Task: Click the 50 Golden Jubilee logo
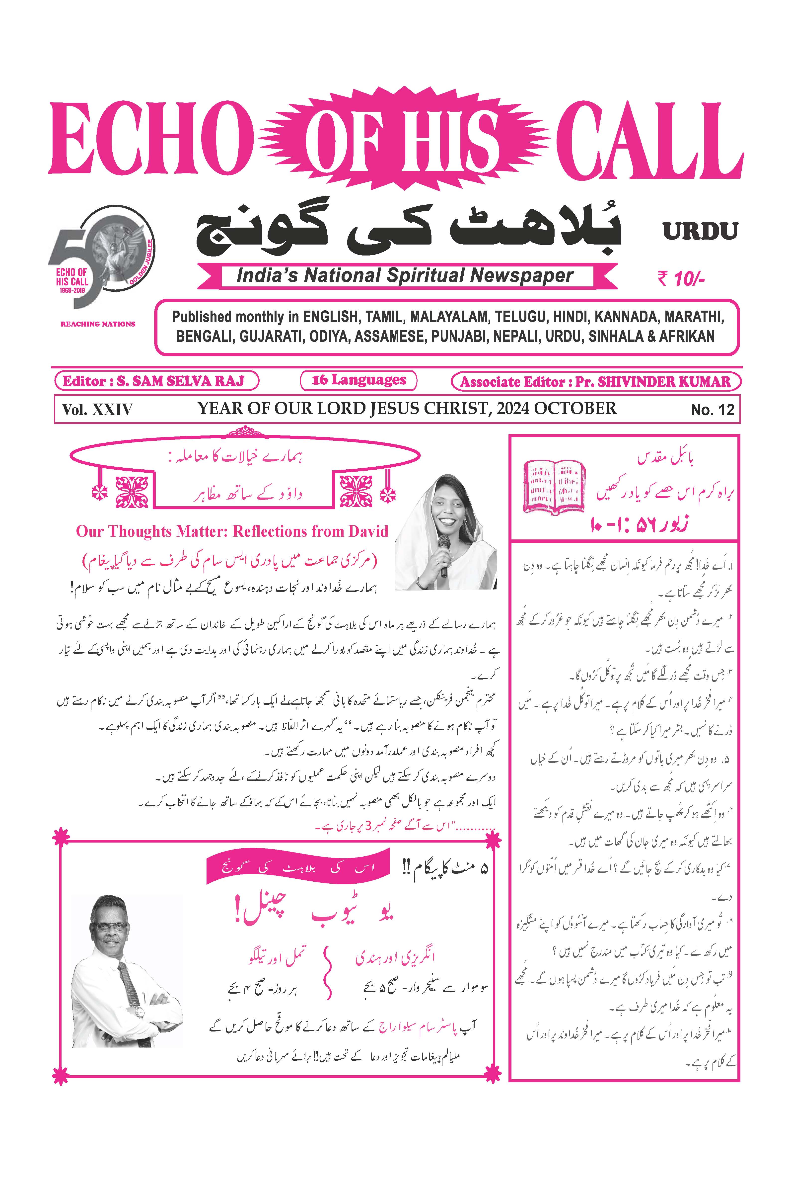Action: coord(101,257)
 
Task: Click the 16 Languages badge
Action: coord(359,380)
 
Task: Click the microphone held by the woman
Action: coord(443,555)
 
